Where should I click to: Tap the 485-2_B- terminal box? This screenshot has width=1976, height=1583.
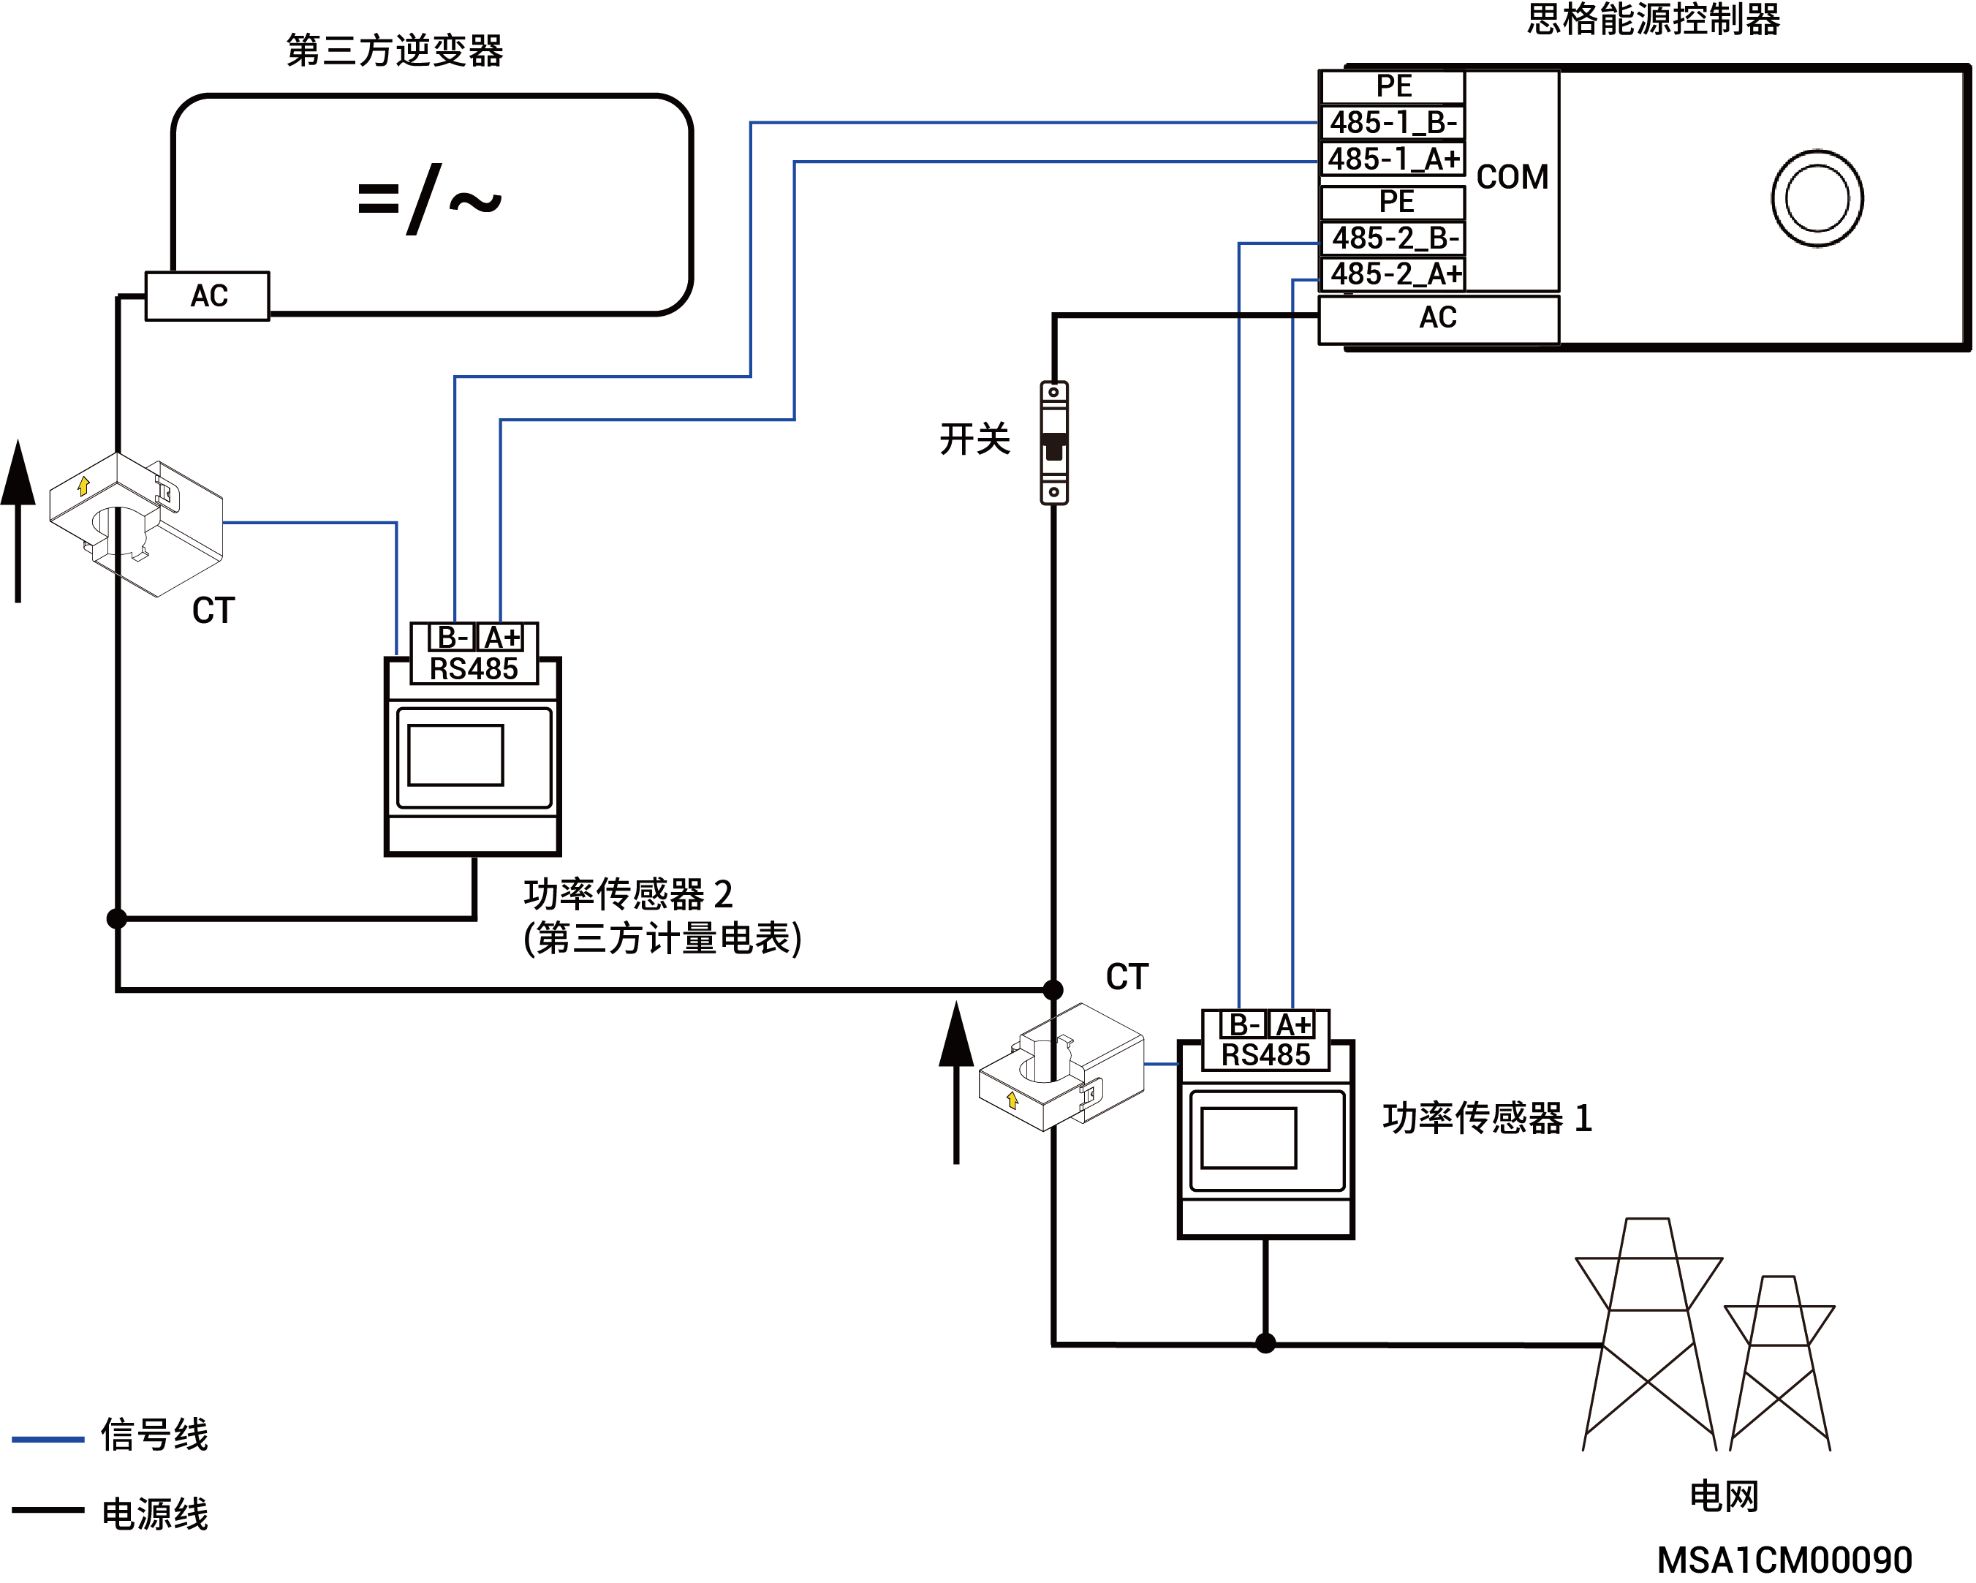[1394, 238]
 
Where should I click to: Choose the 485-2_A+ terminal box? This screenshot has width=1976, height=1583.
[1394, 274]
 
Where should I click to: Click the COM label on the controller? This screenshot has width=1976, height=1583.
[1513, 177]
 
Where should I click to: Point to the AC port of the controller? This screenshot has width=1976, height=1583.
[1439, 318]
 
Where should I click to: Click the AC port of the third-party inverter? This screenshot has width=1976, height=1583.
[208, 296]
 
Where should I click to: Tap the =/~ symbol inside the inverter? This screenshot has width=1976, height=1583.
[429, 199]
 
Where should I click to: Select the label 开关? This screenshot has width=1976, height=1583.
[975, 439]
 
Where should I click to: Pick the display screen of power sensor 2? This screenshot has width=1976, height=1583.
[455, 756]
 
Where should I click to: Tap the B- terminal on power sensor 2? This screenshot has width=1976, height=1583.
[453, 637]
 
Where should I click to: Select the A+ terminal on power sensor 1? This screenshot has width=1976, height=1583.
[1293, 1025]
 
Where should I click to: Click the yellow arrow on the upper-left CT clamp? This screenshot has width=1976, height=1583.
[84, 486]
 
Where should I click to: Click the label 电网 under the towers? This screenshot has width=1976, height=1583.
[1724, 1497]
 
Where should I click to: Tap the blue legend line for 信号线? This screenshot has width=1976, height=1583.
[48, 1439]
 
